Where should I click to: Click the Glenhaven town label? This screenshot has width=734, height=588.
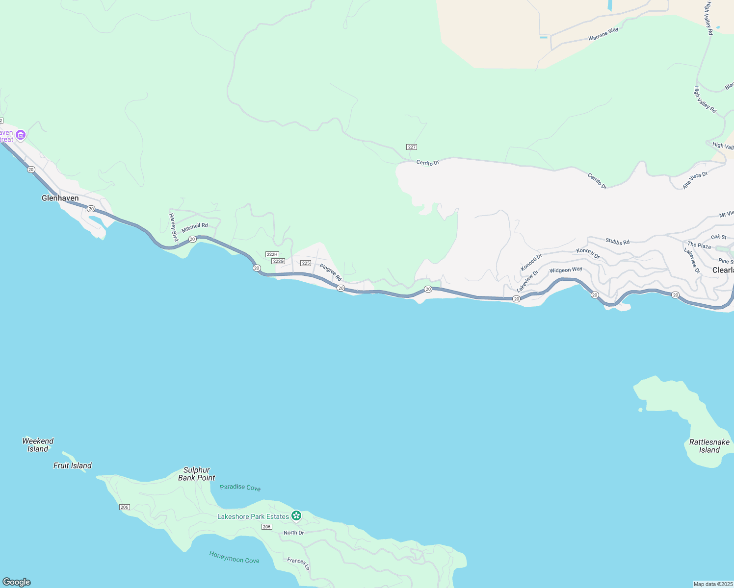point(60,198)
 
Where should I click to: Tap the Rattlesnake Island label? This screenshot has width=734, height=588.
point(709,446)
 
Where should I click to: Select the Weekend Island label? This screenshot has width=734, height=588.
point(38,445)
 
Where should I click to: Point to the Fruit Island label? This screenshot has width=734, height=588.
point(73,465)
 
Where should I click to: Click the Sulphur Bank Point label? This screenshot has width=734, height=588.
point(196,474)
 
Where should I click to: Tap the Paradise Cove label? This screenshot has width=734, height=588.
point(240,488)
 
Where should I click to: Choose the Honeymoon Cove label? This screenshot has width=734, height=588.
point(234,557)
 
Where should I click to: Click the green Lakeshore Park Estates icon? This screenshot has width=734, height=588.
point(296,515)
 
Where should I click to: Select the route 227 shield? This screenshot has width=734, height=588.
point(412,147)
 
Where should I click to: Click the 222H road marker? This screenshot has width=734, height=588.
point(272,254)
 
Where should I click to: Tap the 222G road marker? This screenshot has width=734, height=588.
point(278,261)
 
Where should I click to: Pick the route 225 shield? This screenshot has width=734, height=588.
point(306,263)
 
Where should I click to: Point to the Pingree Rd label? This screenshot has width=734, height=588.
point(331,272)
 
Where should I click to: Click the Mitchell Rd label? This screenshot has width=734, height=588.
point(195,228)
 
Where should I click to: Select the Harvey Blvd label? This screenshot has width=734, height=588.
point(173,227)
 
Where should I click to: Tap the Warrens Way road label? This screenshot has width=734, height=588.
point(603,34)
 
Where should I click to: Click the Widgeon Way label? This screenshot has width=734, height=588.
point(566,270)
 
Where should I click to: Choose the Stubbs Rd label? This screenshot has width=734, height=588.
point(617,242)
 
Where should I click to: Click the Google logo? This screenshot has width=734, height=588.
point(16,582)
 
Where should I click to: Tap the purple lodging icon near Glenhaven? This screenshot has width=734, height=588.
point(21,135)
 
